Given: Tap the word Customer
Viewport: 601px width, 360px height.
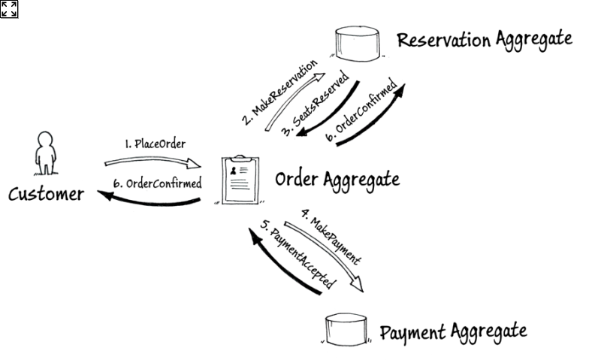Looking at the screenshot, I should point(46,195).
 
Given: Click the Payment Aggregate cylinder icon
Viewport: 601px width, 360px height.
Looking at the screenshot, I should point(347,329).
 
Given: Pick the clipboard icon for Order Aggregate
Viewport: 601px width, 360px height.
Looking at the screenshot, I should point(240,180).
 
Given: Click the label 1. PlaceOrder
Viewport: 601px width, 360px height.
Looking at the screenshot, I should point(155,144).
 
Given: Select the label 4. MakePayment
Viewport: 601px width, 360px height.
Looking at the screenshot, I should point(331,236).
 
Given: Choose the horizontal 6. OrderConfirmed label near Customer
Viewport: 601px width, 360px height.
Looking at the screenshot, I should point(158,183).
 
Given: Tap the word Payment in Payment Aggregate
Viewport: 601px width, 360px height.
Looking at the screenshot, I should point(412,331).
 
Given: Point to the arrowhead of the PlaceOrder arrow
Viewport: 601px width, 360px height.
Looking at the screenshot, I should point(200,165).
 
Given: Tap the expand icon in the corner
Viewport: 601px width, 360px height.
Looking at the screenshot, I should point(9,9).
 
